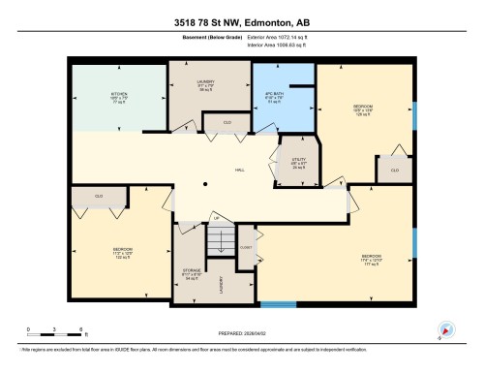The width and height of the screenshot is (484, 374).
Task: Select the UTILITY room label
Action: coord(286,162)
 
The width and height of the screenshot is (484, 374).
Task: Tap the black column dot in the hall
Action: coord(204,184)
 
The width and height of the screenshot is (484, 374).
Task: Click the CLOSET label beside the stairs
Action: coord(246,248)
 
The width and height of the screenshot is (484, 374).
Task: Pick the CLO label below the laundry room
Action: coord(227,122)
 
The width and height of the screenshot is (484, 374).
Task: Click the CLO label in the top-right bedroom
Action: coord(394,170)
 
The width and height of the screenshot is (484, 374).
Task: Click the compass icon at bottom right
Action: coord(446,329)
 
